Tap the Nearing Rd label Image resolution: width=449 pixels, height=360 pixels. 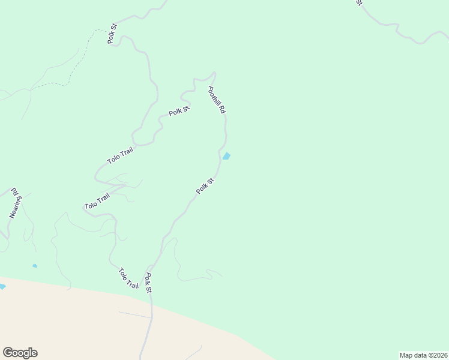[x=15, y=205]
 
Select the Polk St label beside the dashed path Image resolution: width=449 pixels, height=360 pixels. [x=112, y=35]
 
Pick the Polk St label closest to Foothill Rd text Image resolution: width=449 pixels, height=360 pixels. [x=179, y=110]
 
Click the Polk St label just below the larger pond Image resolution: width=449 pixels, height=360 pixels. [x=205, y=186]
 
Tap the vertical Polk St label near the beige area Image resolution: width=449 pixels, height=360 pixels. [x=148, y=283]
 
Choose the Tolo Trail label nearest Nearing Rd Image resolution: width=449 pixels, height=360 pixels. [x=97, y=201]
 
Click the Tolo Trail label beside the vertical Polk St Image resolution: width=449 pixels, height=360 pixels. [x=128, y=278]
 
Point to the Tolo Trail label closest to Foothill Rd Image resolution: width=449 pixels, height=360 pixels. [x=120, y=155]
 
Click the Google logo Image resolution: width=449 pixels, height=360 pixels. [x=20, y=353]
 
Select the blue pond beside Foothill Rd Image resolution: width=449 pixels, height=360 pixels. [x=226, y=157]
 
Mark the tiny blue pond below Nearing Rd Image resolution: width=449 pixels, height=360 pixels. [x=35, y=266]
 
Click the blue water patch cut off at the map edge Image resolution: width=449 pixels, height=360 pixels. [x=2, y=287]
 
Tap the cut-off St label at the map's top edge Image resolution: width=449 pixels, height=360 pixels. [x=359, y=2]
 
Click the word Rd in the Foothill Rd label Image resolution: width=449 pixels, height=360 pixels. [x=221, y=110]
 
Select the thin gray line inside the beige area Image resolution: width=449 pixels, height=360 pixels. [x=134, y=314]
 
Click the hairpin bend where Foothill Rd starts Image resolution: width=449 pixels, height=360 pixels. [x=212, y=74]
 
